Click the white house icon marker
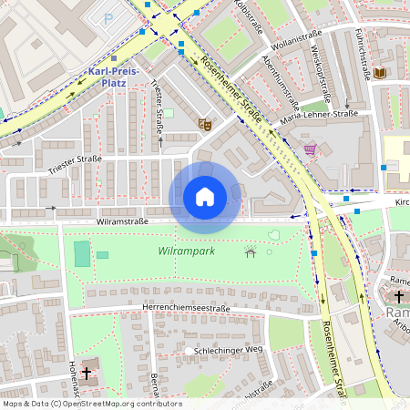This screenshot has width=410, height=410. click(x=204, y=196)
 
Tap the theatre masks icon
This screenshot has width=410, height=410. click(x=204, y=122)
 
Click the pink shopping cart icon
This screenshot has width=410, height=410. click(x=310, y=149)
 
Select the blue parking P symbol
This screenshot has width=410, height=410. click(x=110, y=18)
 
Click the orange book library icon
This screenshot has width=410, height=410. click(x=380, y=73)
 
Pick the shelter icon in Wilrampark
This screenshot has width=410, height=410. click(x=251, y=251)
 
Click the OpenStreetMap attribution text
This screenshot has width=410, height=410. click(x=92, y=404)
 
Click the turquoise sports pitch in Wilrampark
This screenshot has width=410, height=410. click(x=82, y=253)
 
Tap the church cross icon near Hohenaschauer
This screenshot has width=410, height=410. click(x=87, y=373)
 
